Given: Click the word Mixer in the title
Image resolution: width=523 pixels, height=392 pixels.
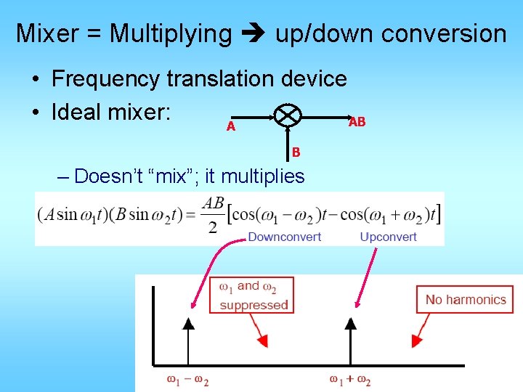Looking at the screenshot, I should [x=48, y=33].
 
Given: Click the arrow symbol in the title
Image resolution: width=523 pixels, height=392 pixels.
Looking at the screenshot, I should [x=254, y=33].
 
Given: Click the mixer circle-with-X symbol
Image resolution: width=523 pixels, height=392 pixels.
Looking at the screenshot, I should [x=288, y=115].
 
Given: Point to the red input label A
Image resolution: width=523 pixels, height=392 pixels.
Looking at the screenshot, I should [x=230, y=126].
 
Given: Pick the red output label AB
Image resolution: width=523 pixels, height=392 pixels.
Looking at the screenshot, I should [x=357, y=122].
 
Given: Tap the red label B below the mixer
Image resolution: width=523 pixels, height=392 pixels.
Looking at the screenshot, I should [x=296, y=152].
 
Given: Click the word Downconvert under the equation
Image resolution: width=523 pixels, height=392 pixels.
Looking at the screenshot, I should [x=285, y=237].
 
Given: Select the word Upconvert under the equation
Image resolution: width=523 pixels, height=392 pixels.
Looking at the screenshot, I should [x=388, y=237].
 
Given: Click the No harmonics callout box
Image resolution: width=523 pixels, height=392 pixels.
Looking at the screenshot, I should [x=465, y=299].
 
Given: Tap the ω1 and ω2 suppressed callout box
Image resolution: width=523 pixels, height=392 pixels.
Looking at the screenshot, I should [x=251, y=295].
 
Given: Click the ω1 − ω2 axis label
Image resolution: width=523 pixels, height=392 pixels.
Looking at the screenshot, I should [x=188, y=380].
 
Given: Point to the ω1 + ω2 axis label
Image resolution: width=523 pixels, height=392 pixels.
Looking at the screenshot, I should [x=350, y=380].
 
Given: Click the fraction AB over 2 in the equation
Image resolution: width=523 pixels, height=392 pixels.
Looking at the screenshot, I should [x=213, y=215].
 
